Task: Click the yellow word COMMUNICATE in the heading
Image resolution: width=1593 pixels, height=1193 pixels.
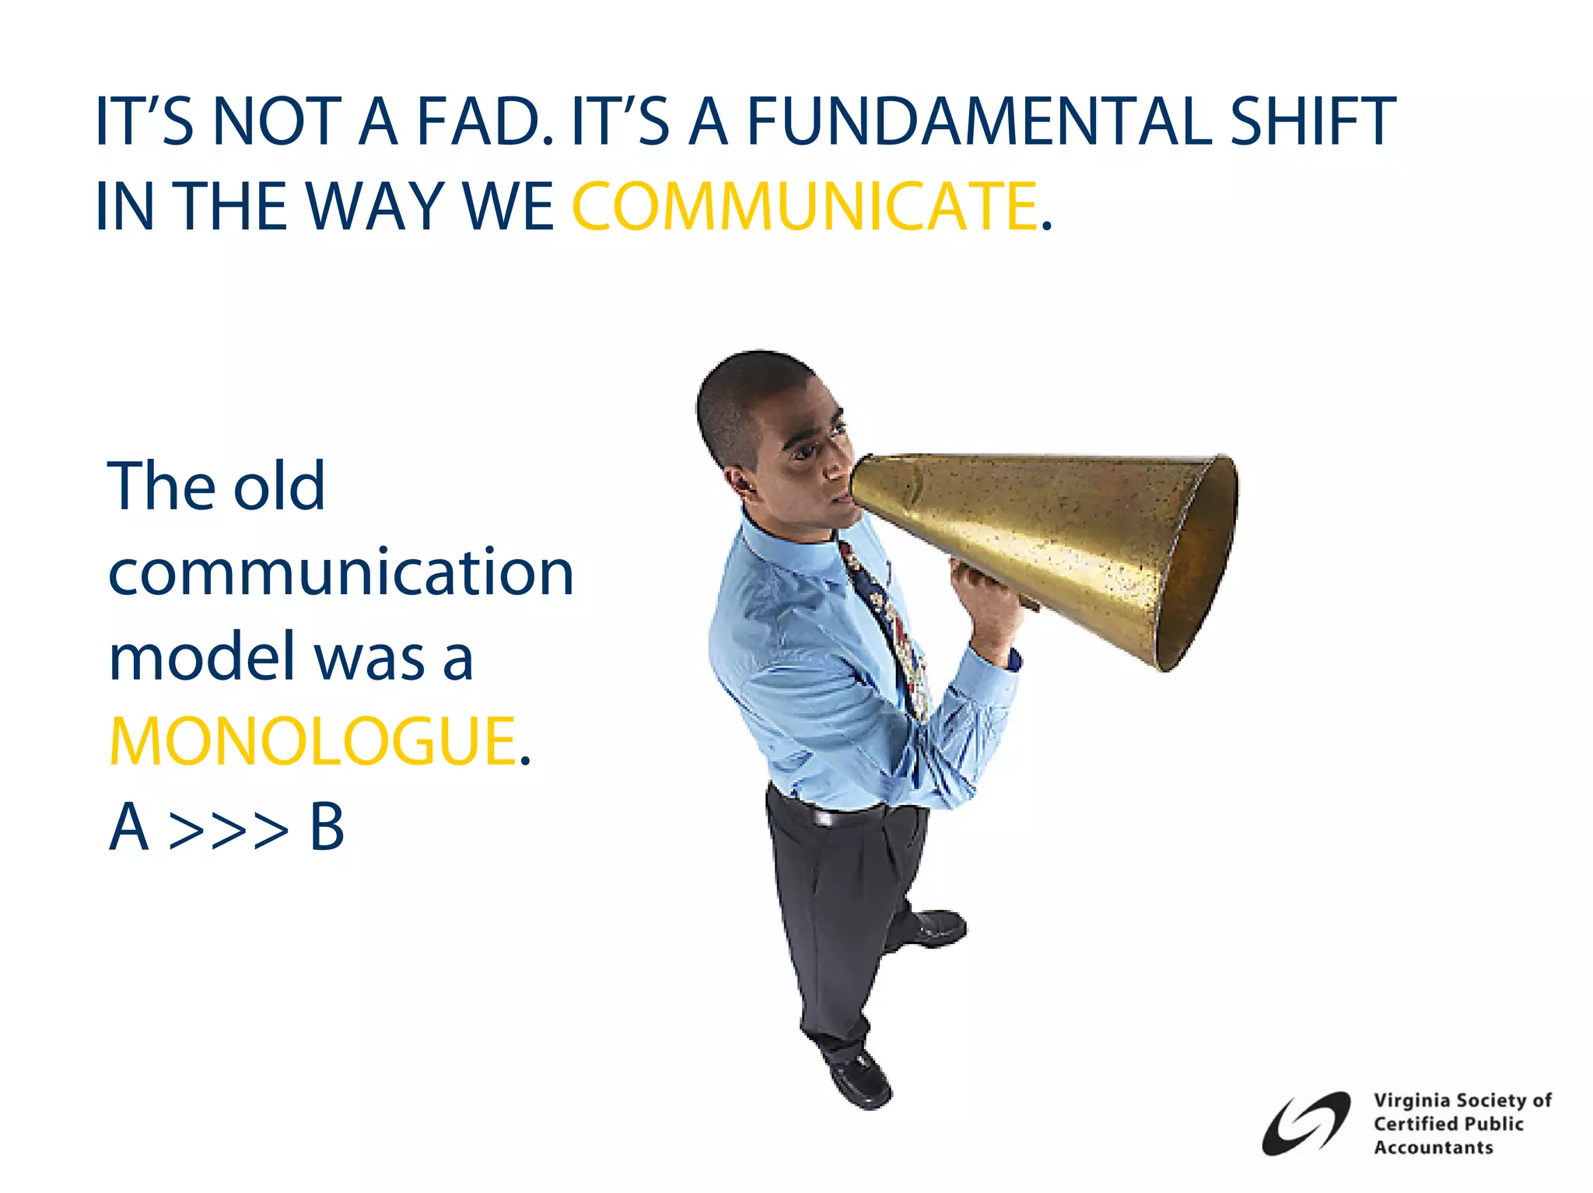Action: tap(804, 206)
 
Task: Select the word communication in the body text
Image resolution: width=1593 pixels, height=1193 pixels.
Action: tap(341, 573)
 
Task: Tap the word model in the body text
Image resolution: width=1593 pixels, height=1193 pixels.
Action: tap(202, 657)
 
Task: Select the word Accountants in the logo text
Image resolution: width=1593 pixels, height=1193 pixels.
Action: tap(1433, 1148)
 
